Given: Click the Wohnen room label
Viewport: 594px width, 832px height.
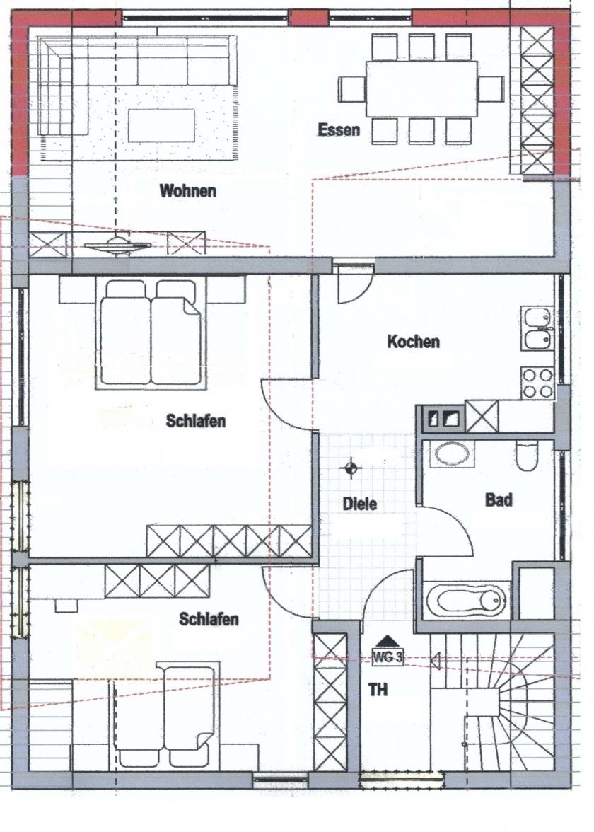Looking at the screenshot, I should point(187,191).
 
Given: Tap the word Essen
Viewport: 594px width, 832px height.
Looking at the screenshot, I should point(339,129).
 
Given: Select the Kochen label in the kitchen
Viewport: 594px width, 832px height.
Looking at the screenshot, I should point(413,342).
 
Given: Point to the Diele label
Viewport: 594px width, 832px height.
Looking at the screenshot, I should point(359,504).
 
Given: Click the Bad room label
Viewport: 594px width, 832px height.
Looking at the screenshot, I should point(498,500).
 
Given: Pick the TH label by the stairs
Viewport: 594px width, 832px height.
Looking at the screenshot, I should point(378,690).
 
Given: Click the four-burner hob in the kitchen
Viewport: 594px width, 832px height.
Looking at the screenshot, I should point(537,383).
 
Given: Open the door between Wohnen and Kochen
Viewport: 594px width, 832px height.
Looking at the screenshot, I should point(352,282).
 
